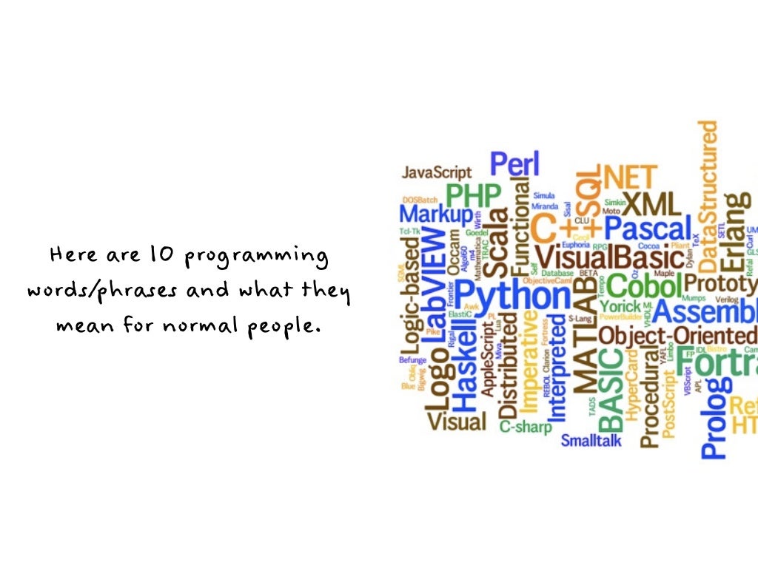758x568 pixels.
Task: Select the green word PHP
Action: click(x=473, y=196)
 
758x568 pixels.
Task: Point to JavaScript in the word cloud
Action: click(x=436, y=172)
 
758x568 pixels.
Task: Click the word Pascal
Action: click(x=648, y=228)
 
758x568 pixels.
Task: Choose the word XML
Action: click(x=649, y=202)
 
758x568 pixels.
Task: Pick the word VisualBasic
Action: click(x=609, y=257)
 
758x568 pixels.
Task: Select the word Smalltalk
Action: click(x=591, y=441)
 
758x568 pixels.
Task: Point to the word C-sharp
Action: click(x=525, y=426)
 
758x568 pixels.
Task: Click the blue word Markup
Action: click(x=435, y=214)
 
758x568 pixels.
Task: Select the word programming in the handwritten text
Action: click(x=256, y=259)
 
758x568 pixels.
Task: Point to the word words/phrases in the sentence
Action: click(x=101, y=290)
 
